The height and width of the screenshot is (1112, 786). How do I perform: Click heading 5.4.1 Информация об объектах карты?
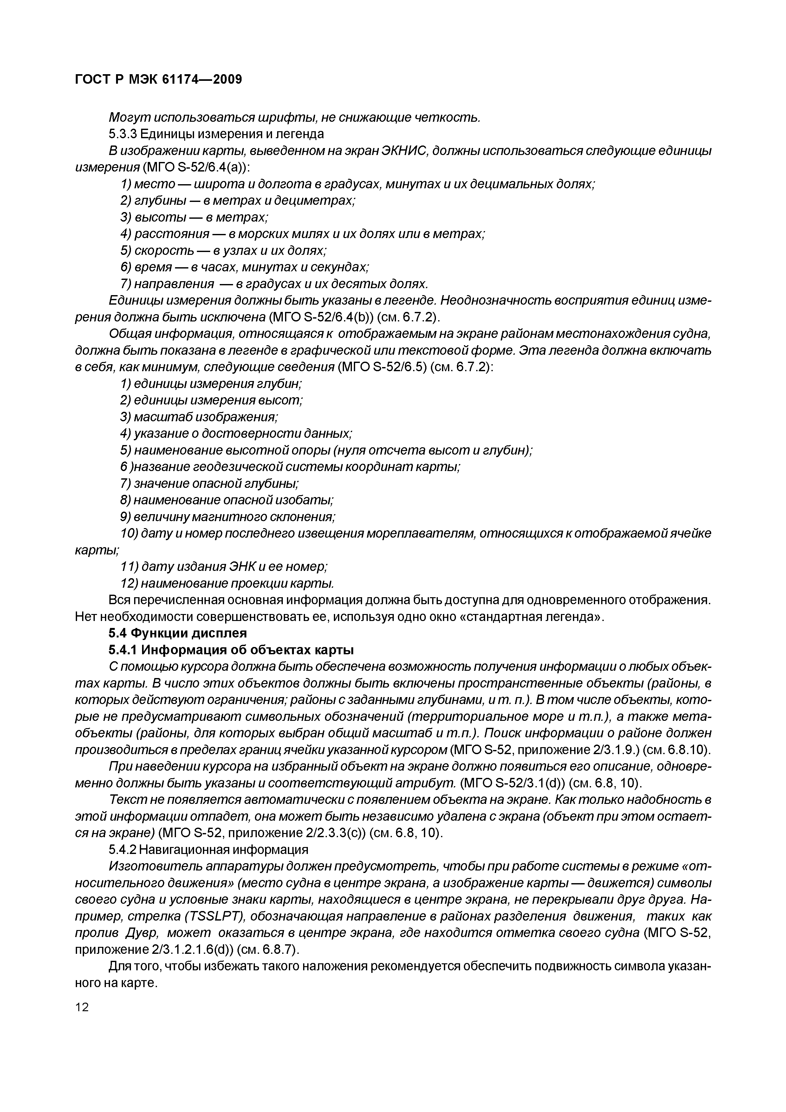pyautogui.click(x=231, y=650)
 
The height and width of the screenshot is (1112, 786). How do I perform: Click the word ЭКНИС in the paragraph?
pyautogui.click(x=404, y=151)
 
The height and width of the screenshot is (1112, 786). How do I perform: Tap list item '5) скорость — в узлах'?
pyautogui.click(x=223, y=250)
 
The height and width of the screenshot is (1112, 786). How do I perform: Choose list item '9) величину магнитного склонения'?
pyautogui.click(x=228, y=517)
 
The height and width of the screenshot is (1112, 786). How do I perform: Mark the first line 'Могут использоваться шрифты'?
pyautogui.click(x=295, y=117)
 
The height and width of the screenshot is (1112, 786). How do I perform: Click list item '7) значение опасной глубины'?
pyautogui.click(x=209, y=483)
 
